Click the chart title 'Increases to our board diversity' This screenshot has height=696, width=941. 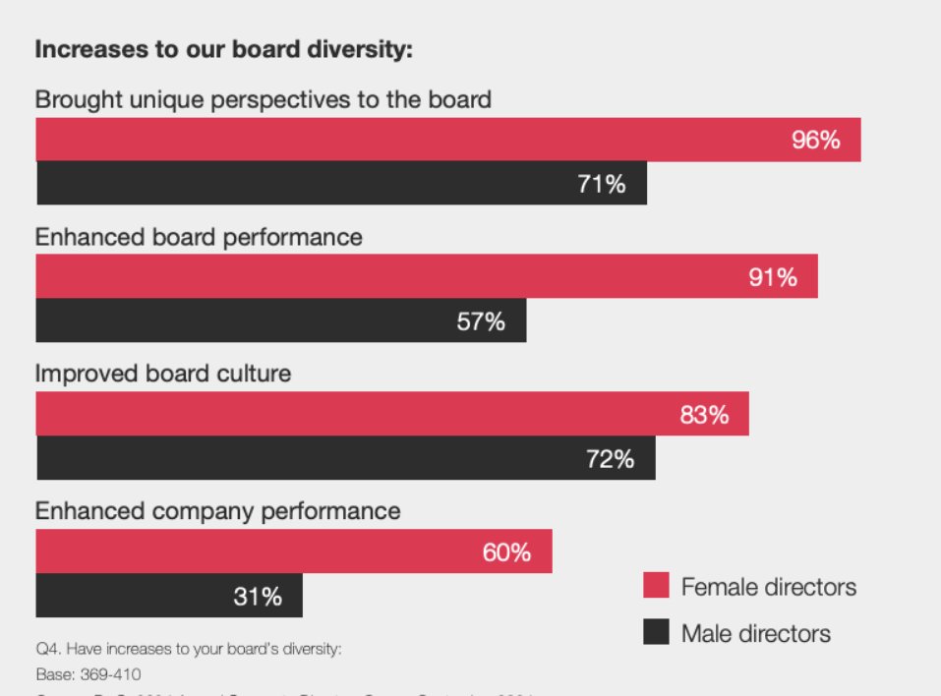point(223,50)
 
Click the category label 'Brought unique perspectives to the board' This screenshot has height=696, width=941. point(264,99)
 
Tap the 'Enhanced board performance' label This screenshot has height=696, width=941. point(199,237)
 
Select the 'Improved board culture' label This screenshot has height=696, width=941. point(163,374)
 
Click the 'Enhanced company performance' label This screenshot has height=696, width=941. point(218,511)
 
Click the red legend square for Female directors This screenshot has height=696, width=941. point(656,586)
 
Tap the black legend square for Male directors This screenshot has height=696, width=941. point(656,632)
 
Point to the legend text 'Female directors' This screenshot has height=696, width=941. point(768,587)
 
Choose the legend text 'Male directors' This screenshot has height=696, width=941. point(755,633)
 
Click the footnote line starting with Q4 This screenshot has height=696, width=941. point(188,650)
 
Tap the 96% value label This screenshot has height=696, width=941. point(815,140)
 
